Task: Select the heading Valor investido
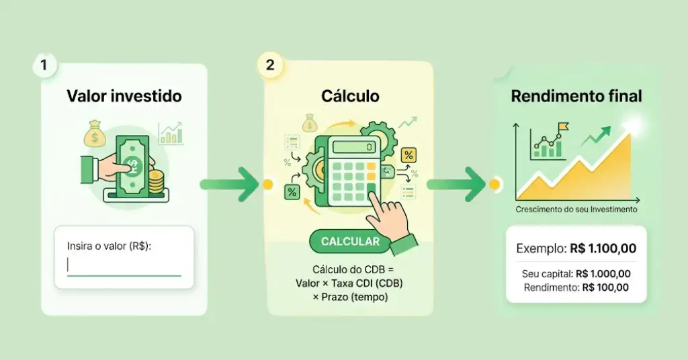[124, 96]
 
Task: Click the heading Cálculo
[350, 96]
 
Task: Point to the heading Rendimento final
[576, 96]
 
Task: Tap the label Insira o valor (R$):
[110, 246]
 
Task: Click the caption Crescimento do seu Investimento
[576, 210]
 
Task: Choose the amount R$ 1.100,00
[603, 249]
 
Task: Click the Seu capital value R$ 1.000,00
[605, 273]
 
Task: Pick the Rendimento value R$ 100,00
[605, 287]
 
